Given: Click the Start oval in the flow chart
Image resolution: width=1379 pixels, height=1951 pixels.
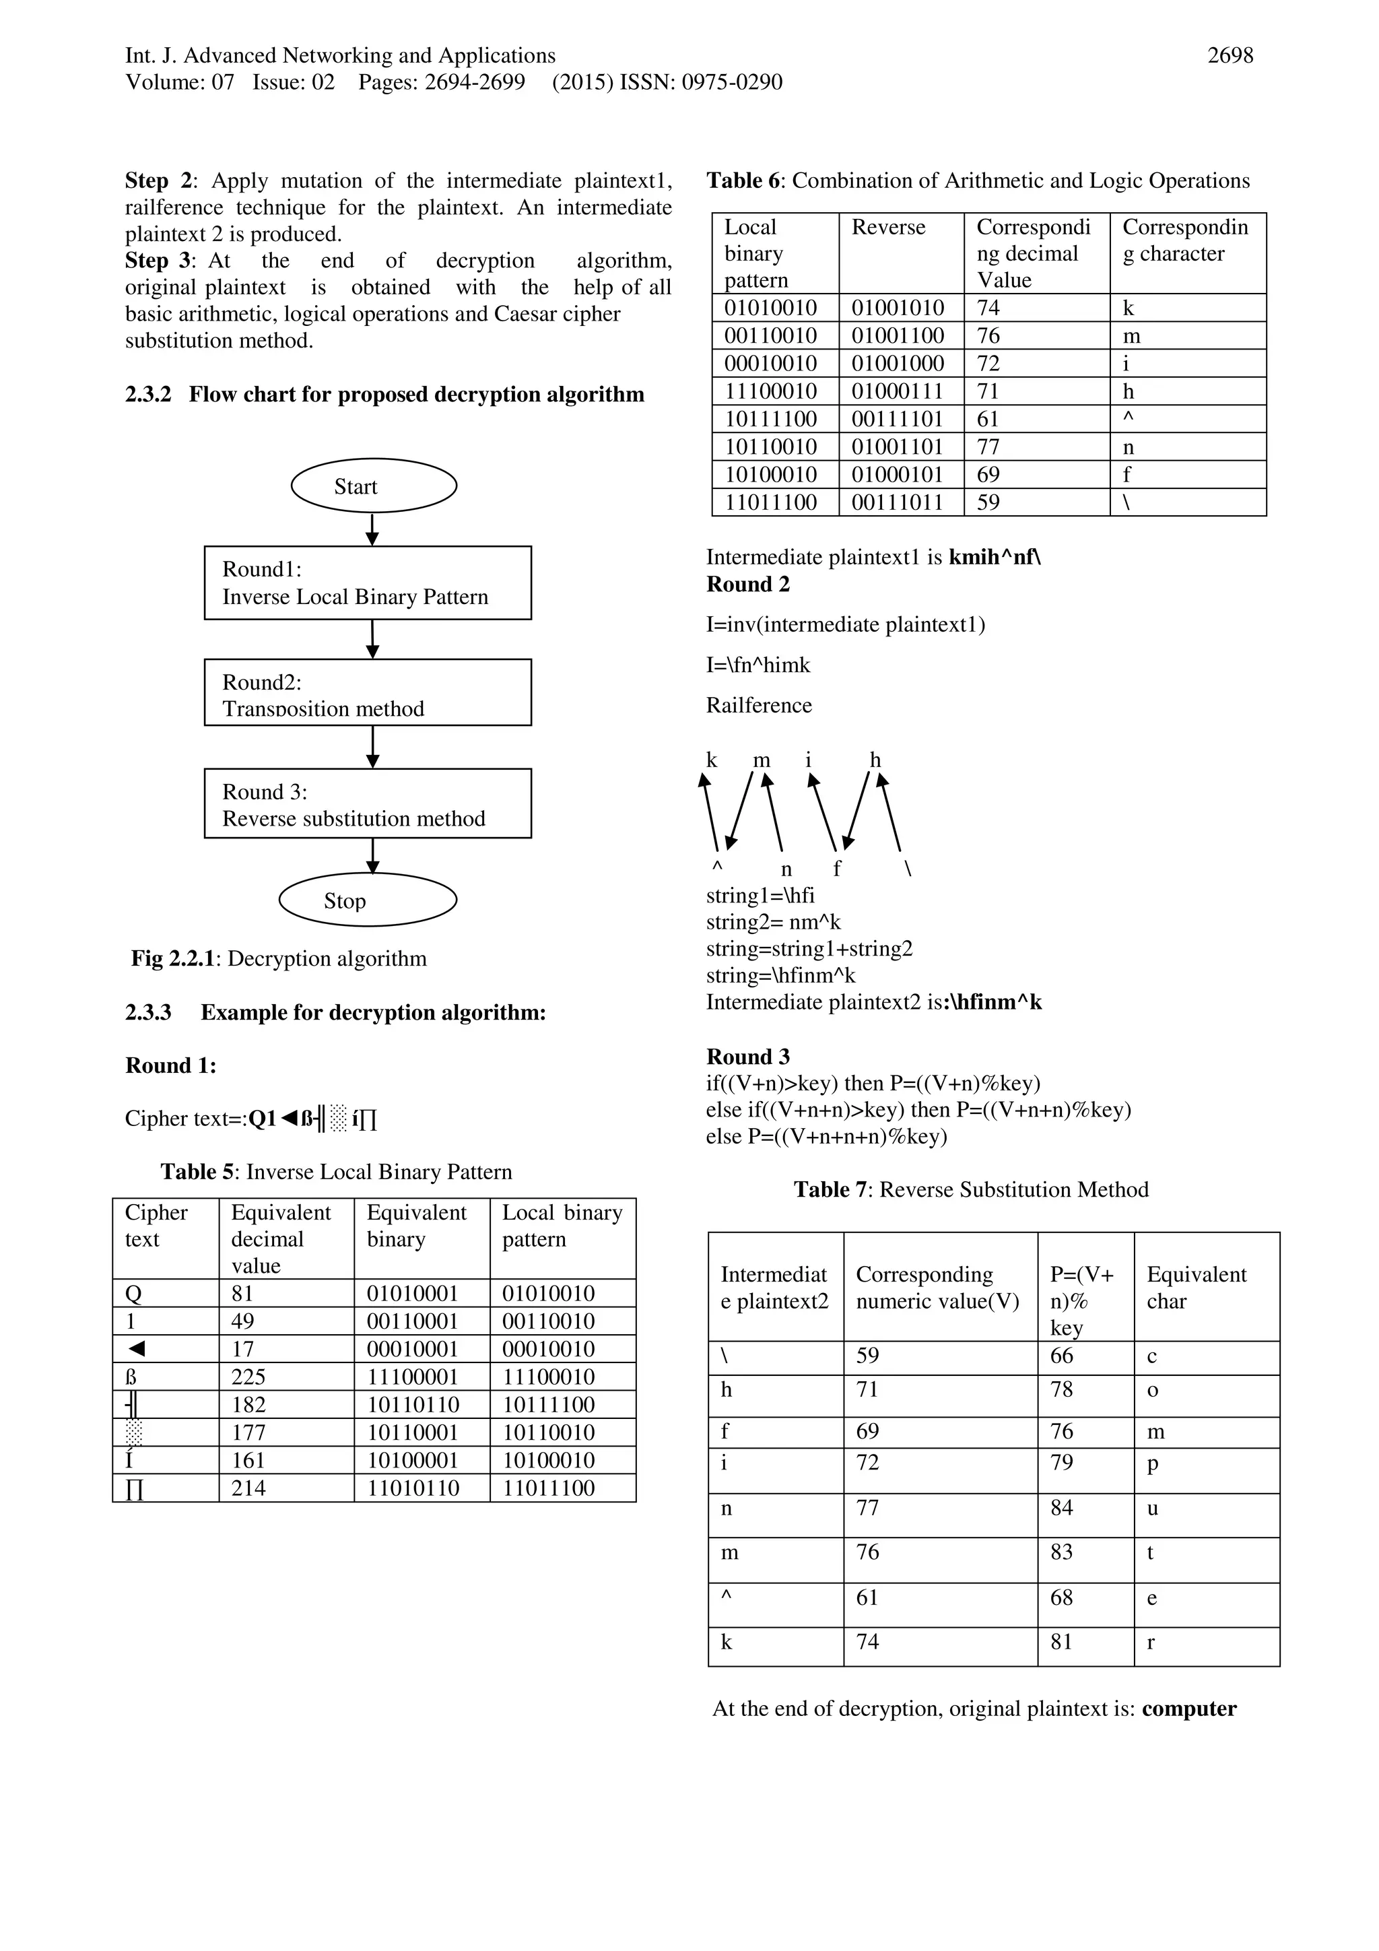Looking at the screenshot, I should click(373, 486).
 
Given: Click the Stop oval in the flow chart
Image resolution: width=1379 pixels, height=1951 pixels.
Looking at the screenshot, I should click(367, 900).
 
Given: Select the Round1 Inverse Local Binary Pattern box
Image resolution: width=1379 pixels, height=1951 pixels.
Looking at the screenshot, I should click(367, 583).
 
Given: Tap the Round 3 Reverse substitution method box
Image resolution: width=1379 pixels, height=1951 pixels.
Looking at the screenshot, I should click(367, 804).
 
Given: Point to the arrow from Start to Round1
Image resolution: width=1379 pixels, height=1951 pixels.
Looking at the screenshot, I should click(372, 529).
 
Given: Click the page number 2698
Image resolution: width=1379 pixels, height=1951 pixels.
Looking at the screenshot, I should click(1230, 56).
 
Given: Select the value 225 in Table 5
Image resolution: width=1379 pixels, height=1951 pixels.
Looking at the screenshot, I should click(248, 1377).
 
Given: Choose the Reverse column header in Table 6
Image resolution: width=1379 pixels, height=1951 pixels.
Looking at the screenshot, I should click(888, 228).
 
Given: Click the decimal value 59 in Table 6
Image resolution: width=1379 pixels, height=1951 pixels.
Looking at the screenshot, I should click(988, 503).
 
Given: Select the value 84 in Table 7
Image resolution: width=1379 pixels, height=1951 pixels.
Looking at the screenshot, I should click(1061, 1509).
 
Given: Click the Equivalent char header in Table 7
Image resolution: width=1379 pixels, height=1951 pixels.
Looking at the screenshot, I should click(1197, 1288).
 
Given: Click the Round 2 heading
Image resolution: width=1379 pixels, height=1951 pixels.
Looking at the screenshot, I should click(747, 585).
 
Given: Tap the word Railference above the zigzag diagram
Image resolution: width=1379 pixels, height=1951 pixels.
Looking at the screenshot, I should click(759, 705).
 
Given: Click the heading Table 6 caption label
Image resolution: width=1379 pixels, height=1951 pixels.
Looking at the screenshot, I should click(745, 181).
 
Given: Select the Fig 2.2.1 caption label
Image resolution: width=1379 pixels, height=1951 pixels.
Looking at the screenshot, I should click(175, 958).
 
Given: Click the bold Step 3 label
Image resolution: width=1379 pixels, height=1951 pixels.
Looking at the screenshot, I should click(159, 261).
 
